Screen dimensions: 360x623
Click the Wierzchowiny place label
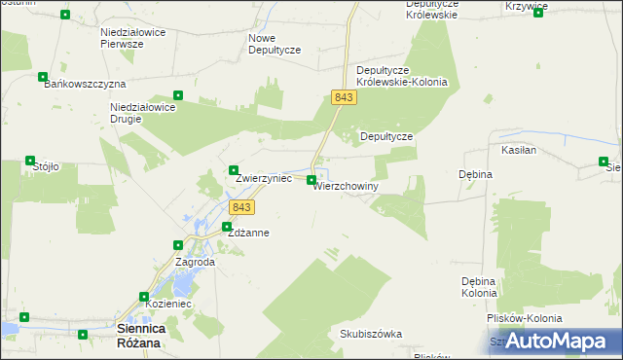[346, 185]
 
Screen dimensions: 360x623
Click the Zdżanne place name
[248, 234]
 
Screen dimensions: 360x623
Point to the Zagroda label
[195, 262]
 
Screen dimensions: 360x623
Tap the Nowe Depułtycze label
[275, 44]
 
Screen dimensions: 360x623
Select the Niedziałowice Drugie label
[141, 113]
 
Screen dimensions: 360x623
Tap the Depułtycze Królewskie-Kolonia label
[402, 76]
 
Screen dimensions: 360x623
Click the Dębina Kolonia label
[479, 287]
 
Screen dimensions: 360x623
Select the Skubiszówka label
[371, 334]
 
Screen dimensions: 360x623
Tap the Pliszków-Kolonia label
[525, 318]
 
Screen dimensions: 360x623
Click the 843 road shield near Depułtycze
[343, 97]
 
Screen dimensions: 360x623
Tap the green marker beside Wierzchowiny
[311, 180]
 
